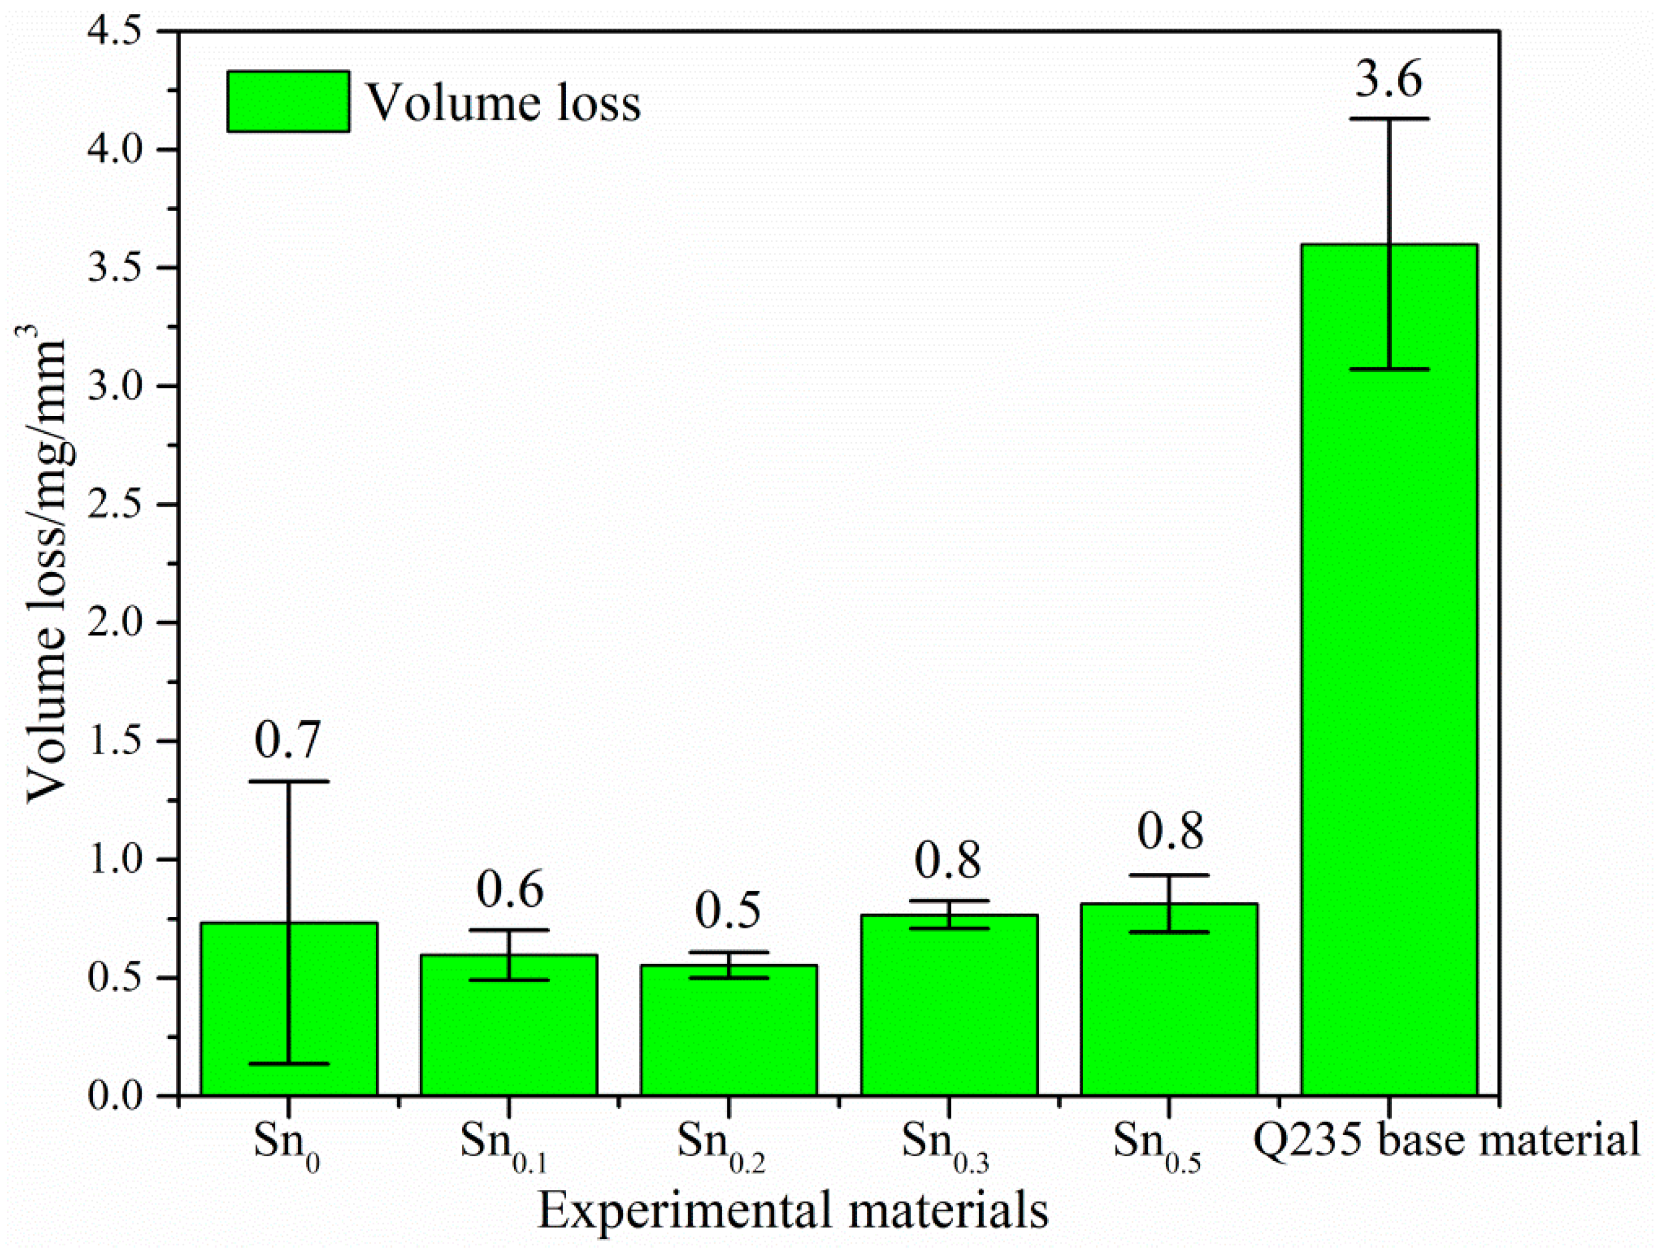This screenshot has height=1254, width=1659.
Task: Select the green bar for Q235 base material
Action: pos(1389,675)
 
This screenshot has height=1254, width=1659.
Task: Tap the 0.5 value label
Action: pos(727,910)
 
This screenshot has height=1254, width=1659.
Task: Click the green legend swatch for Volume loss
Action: pos(288,101)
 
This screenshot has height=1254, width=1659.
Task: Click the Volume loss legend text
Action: pos(502,103)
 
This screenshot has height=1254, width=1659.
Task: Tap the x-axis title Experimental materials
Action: pos(793,1209)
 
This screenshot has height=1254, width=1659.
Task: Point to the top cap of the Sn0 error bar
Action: pos(289,781)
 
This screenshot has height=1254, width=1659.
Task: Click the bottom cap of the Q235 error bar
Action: pos(1389,369)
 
